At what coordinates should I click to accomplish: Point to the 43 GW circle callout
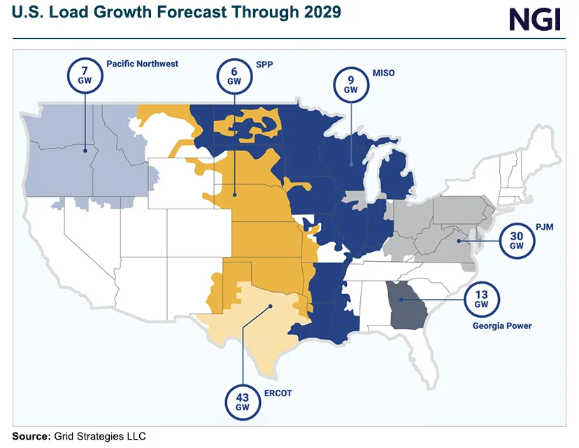(x=242, y=402)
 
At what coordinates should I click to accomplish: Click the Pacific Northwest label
(x=142, y=64)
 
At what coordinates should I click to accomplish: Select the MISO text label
(x=384, y=72)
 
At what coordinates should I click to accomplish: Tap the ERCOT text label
(x=277, y=393)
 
